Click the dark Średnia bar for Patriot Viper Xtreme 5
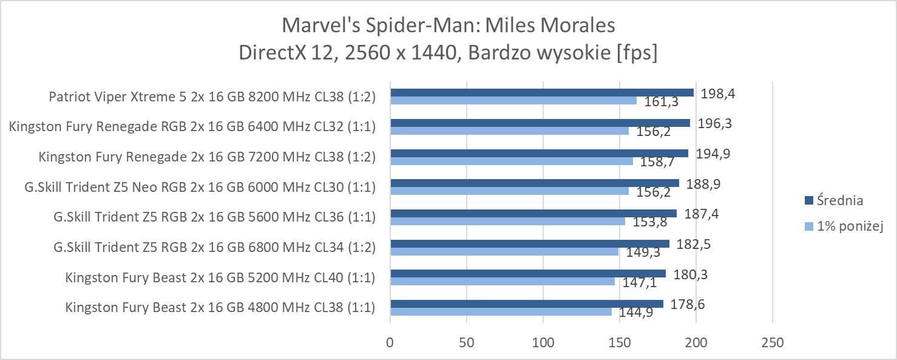pos(542,92)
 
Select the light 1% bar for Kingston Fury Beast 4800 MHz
pos(501,311)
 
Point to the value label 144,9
pos(636,313)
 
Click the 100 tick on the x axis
pos(543,342)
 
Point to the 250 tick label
pos(772,342)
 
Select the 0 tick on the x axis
pos(390,342)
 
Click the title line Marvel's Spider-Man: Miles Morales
pos(448,25)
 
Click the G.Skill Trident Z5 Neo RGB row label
pos(200,187)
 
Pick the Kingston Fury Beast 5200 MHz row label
pos(220,278)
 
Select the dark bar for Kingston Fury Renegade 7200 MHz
pos(540,153)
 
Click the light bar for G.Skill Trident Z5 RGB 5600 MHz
pos(507,221)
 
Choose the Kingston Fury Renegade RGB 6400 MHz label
pos(192,126)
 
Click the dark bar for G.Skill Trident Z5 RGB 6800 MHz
pos(530,243)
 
